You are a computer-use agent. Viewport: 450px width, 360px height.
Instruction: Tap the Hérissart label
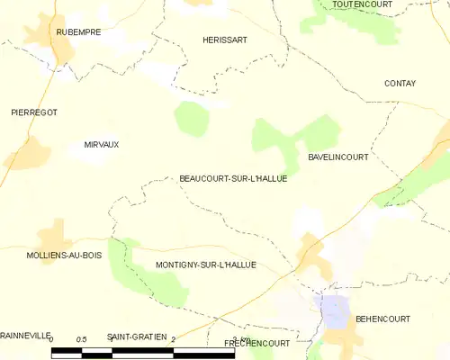point(224,40)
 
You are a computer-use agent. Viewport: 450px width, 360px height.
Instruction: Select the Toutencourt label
point(360,4)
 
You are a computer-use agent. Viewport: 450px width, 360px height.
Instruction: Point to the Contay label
point(400,84)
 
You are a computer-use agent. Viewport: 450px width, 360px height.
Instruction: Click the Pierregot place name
point(33,112)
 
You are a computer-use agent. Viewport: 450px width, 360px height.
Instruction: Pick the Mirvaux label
point(101,144)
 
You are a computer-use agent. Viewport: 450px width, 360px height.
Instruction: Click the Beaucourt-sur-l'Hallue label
point(233,178)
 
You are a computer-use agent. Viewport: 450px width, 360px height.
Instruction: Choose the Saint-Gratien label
point(137,337)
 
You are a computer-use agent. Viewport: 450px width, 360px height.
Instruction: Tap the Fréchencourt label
point(256,344)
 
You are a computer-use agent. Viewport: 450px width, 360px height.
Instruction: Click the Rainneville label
point(24,337)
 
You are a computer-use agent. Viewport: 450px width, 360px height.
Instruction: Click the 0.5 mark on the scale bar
point(81,338)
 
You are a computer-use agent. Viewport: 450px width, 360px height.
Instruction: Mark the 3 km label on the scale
point(238,337)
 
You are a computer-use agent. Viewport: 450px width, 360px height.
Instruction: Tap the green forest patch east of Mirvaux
point(190,118)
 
